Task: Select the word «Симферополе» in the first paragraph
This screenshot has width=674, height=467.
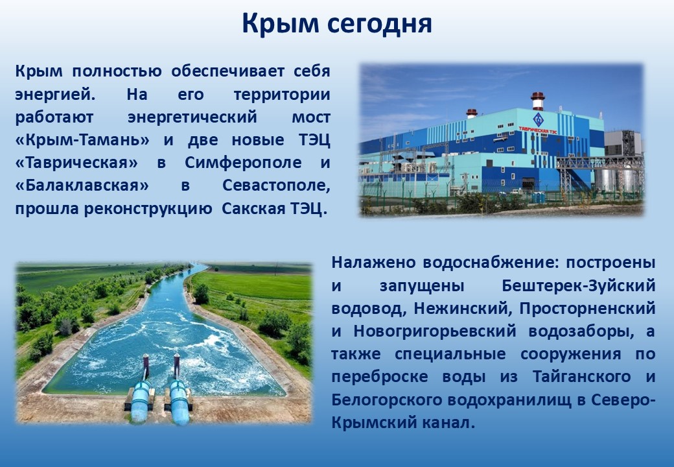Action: pos(243,163)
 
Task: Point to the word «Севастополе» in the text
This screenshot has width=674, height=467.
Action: pos(276,186)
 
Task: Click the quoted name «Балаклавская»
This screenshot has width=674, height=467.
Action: pos(82,186)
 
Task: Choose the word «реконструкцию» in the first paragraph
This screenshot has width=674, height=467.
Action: pos(148,210)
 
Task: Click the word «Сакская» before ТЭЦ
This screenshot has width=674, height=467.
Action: pos(253,209)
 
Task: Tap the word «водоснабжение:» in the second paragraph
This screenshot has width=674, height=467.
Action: pos(489,263)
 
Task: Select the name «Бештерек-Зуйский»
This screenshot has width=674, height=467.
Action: pos(579,286)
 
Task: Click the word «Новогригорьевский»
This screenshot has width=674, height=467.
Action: pos(435,331)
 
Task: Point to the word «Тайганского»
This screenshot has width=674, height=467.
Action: pos(581,377)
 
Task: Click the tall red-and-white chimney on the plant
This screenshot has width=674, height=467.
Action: pos(538,101)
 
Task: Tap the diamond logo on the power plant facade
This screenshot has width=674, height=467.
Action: pos(538,119)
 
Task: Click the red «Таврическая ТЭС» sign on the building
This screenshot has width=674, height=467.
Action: pos(538,130)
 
